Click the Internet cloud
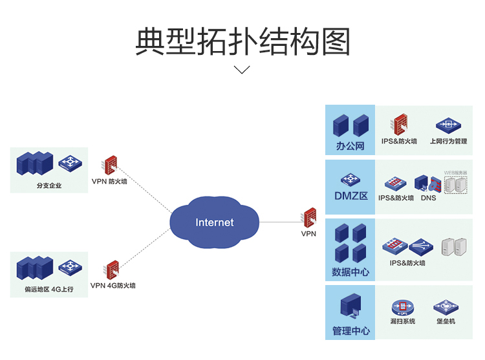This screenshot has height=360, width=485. (x=215, y=222)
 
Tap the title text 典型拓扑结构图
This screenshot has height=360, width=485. (x=242, y=41)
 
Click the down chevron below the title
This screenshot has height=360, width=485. (x=242, y=70)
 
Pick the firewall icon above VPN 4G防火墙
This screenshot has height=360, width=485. (x=111, y=270)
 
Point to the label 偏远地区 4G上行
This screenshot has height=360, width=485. (x=50, y=290)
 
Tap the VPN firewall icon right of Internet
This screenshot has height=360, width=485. (x=310, y=217)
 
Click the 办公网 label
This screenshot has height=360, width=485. (x=350, y=146)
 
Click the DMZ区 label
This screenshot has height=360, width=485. (x=350, y=196)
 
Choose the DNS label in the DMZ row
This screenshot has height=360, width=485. (x=428, y=198)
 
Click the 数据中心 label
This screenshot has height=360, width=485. (x=350, y=272)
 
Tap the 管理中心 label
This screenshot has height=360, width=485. (x=350, y=331)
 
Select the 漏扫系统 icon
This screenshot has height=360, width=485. (x=402, y=306)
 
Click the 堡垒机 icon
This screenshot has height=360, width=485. (x=446, y=306)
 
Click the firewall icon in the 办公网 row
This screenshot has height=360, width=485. (x=400, y=124)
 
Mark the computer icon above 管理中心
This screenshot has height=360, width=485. (x=350, y=307)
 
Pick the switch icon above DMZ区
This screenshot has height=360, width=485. (x=350, y=178)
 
